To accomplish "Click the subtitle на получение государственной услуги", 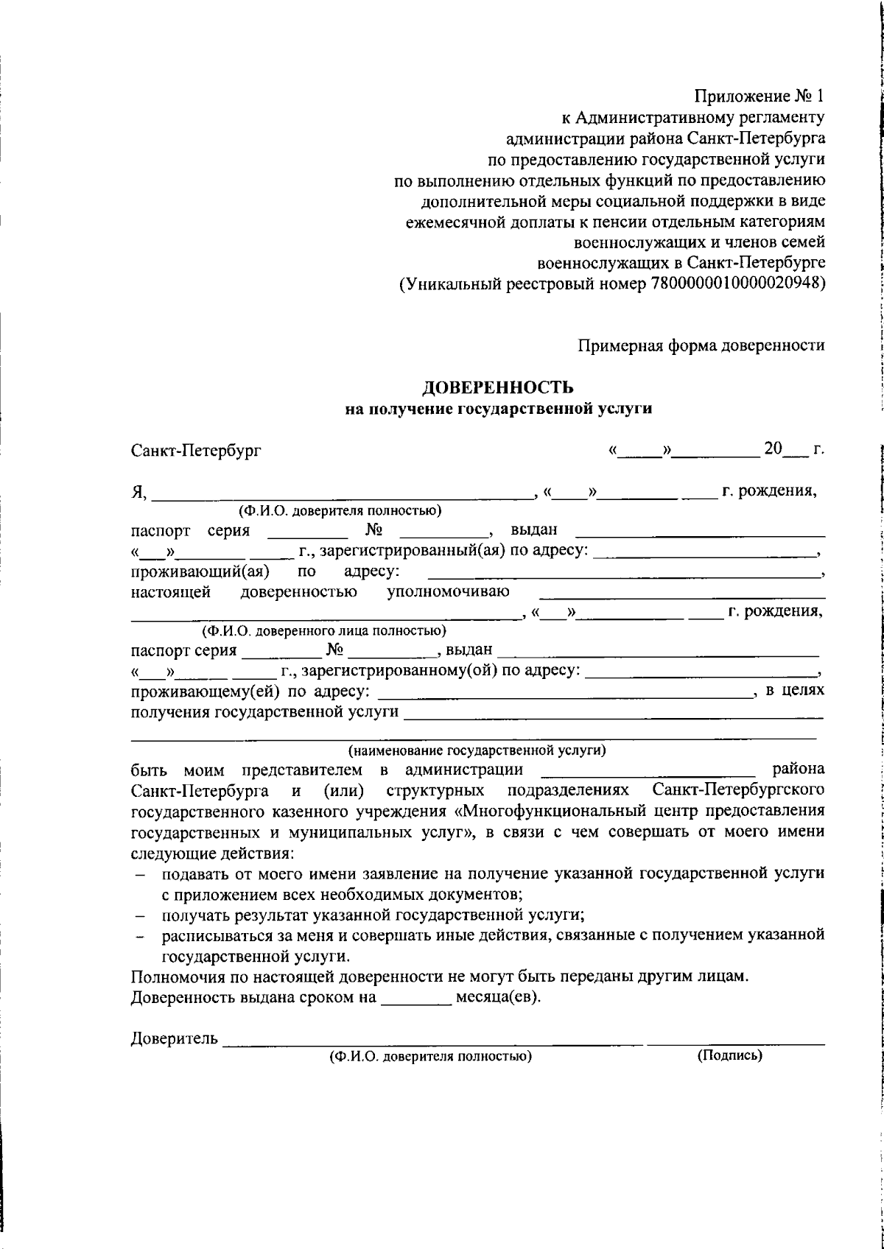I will click(x=499, y=409).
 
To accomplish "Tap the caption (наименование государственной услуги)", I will click(x=477, y=751).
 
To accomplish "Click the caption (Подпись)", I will click(x=729, y=1055).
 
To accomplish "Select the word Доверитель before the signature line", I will click(x=174, y=1039).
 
